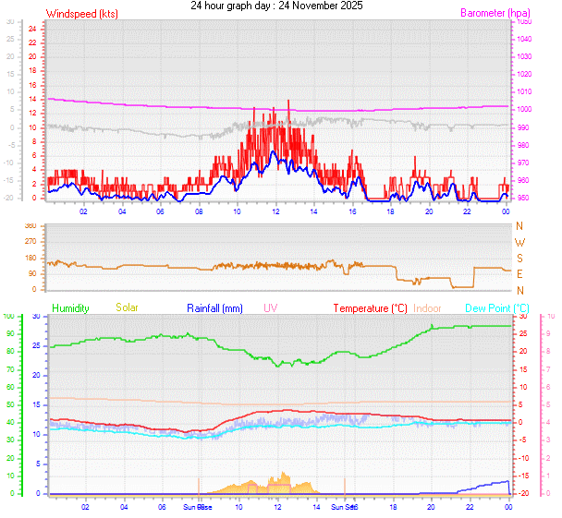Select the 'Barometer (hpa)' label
(x=484, y=14)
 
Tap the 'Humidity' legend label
(x=70, y=307)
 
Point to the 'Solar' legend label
(x=128, y=307)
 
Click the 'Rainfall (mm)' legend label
(x=214, y=307)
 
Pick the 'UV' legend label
(x=270, y=307)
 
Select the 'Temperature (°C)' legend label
(x=370, y=307)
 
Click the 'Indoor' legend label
(x=428, y=307)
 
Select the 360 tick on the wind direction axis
(x=30, y=226)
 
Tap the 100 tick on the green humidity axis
(x=8, y=316)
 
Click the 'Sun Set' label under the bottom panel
(x=345, y=507)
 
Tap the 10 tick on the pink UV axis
(x=551, y=316)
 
